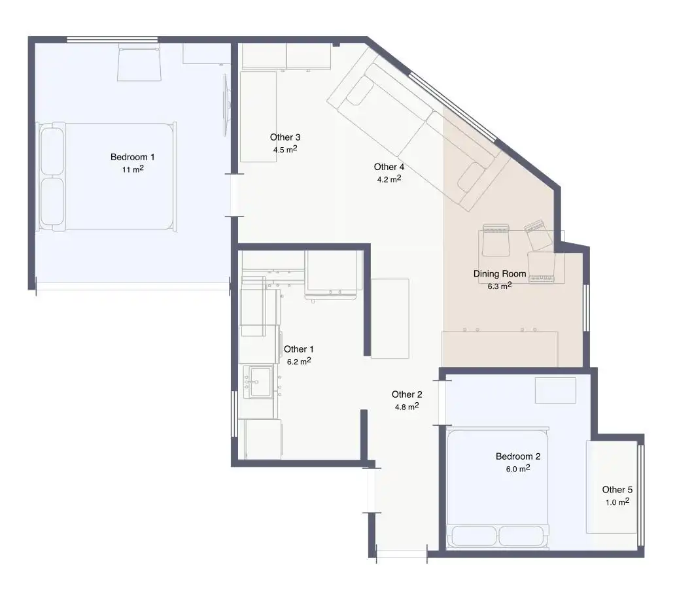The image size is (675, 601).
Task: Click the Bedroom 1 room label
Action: [x=132, y=157]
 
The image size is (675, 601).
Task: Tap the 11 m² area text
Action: [x=133, y=169]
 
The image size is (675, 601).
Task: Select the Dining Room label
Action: [x=499, y=274]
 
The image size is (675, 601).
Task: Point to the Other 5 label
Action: [x=617, y=490]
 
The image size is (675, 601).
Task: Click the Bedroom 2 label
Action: [x=518, y=456]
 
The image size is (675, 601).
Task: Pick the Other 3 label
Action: [x=285, y=137]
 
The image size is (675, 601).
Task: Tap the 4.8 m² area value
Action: [x=407, y=406]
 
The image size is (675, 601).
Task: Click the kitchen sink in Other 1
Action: [x=258, y=381]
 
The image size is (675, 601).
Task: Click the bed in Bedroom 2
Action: [x=498, y=488]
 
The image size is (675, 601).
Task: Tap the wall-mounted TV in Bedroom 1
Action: [x=226, y=105]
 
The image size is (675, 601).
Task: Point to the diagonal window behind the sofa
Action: [x=452, y=107]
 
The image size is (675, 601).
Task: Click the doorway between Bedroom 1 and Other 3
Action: [x=234, y=195]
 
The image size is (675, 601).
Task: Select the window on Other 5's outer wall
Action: [x=640, y=496]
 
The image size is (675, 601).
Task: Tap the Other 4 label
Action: [x=389, y=167]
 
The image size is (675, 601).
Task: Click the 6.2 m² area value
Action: [x=299, y=362]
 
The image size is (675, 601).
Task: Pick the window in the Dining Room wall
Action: [x=585, y=307]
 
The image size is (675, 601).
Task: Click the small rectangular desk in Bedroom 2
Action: [x=555, y=390]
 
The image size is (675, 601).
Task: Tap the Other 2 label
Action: [x=407, y=394]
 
